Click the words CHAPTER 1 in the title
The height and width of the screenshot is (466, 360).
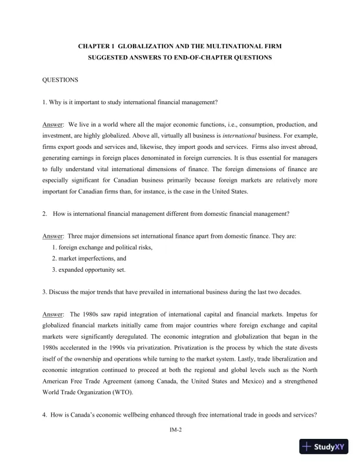[96, 45]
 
